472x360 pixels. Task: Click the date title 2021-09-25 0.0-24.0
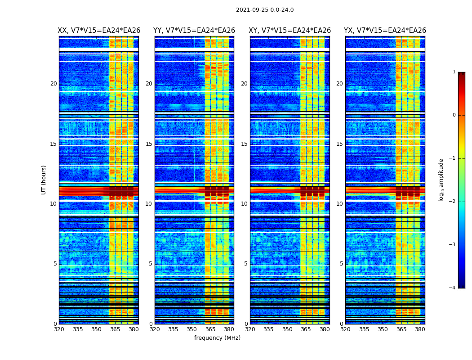click(x=265, y=10)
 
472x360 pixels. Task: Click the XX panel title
click(x=99, y=31)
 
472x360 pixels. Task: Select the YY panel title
click(x=194, y=31)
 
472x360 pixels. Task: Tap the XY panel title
click(x=289, y=31)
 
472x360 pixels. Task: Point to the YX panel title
click(x=385, y=31)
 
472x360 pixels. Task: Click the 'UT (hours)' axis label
click(x=44, y=180)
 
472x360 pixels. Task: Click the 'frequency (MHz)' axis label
click(x=217, y=338)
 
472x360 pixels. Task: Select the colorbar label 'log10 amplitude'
click(x=441, y=180)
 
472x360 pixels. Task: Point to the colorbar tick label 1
click(x=454, y=72)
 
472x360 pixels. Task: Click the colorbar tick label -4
click(x=453, y=288)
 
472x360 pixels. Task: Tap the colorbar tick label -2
click(x=453, y=202)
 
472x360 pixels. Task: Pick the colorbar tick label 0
click(x=454, y=115)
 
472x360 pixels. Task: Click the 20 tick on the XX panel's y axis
click(x=53, y=84)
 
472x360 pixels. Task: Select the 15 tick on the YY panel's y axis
click(x=149, y=144)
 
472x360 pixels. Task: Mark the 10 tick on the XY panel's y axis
click(x=244, y=204)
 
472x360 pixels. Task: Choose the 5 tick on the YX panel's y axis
click(x=341, y=264)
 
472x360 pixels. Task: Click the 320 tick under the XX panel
click(x=59, y=329)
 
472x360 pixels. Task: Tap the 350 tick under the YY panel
click(x=192, y=329)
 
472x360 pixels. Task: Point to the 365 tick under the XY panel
click(x=306, y=329)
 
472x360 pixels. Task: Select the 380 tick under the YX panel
click(x=420, y=329)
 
